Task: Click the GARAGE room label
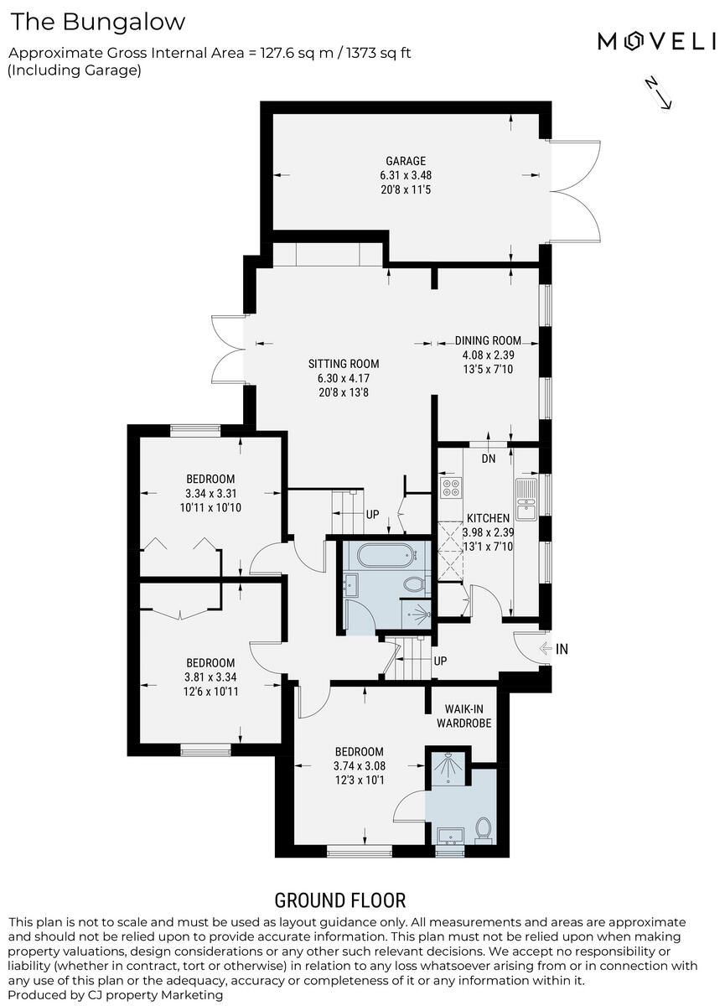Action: tap(406, 161)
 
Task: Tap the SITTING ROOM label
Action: tap(344, 364)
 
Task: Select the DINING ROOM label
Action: tap(488, 340)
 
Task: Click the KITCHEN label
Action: tap(489, 518)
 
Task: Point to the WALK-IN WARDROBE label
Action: tap(463, 716)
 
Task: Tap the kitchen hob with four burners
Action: tap(451, 487)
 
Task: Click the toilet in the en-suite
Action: tap(483, 828)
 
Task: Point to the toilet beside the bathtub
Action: tap(414, 583)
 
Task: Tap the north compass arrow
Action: tap(657, 92)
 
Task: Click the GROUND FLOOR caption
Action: tap(340, 901)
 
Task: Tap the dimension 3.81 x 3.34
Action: tap(210, 677)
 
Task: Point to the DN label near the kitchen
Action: tap(489, 459)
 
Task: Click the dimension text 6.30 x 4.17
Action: tap(344, 378)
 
